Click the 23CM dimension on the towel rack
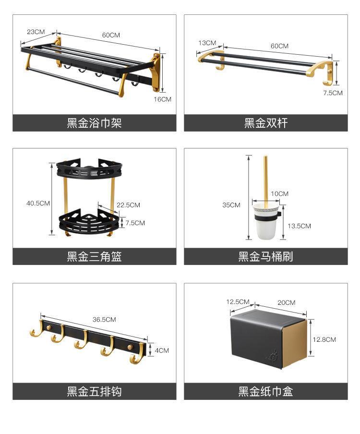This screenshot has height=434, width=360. pyautogui.click(x=36, y=32)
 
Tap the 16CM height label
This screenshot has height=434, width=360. pyautogui.click(x=163, y=99)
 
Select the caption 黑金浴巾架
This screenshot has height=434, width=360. pyautogui.click(x=94, y=123)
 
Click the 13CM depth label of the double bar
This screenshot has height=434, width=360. pyautogui.click(x=207, y=43)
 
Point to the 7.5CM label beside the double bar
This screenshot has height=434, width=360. pyautogui.click(x=333, y=93)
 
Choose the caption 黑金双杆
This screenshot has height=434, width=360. pyautogui.click(x=265, y=123)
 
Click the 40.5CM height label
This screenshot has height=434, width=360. pyautogui.click(x=38, y=203)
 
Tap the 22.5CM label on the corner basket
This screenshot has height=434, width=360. pyautogui.click(x=128, y=205)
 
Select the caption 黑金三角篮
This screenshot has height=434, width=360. pyautogui.click(x=94, y=256)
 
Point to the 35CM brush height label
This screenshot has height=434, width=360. pyautogui.click(x=231, y=205)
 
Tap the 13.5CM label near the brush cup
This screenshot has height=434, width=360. pyautogui.click(x=299, y=226)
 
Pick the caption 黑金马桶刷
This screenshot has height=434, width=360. pyautogui.click(x=265, y=256)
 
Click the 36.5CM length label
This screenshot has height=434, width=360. pyautogui.click(x=104, y=319)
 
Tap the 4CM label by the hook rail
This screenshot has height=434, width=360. pyautogui.click(x=162, y=350)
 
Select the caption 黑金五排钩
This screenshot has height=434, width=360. pyautogui.click(x=94, y=392)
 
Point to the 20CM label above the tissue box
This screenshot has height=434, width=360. pyautogui.click(x=286, y=302)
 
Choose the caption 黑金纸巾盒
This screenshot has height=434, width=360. pyautogui.click(x=265, y=392)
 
